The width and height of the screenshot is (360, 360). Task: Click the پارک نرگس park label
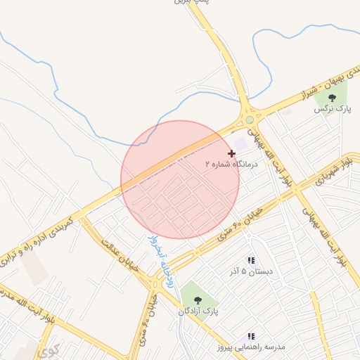point(333,109)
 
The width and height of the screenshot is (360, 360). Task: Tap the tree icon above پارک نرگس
point(333,98)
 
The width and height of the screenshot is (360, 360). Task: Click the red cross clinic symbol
point(231,153)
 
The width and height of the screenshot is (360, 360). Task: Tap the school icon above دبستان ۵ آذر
point(251,260)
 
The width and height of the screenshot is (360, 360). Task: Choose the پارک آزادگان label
point(198,309)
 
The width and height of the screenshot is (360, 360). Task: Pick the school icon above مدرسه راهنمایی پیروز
point(251,337)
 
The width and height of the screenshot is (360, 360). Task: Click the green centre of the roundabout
point(249,120)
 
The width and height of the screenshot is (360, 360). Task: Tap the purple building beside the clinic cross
point(242,143)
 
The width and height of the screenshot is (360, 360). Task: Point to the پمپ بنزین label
point(191,3)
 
